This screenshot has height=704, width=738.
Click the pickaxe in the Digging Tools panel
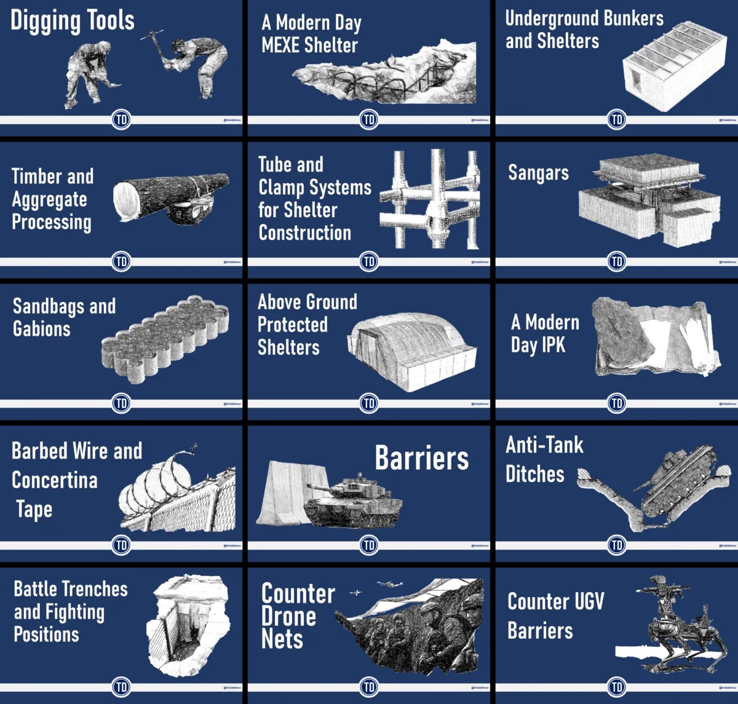click(x=152, y=38)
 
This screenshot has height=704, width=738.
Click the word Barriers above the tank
click(x=422, y=459)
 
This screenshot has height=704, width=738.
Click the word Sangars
click(x=538, y=173)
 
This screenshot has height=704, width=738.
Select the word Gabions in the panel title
click(x=42, y=329)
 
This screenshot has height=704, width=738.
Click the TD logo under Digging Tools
click(x=122, y=119)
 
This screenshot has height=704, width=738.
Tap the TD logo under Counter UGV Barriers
click(x=617, y=686)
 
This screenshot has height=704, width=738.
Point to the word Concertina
click(x=55, y=480)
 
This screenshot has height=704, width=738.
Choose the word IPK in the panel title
click(x=553, y=345)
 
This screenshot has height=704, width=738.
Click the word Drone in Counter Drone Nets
click(x=289, y=616)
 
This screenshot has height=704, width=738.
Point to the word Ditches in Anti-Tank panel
click(x=535, y=474)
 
